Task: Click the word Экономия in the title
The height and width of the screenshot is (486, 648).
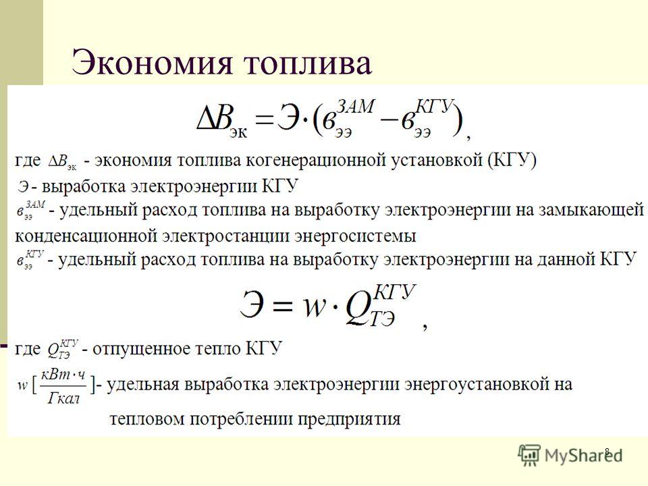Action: click(x=151, y=61)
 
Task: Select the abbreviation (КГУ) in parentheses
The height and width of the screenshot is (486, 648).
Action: click(x=512, y=159)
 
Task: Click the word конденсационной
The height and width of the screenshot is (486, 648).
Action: click(x=85, y=236)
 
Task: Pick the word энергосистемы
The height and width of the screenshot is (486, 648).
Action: click(x=355, y=236)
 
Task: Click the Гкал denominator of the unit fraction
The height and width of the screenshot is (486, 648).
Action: click(x=63, y=398)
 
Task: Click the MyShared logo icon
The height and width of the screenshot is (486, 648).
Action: click(x=529, y=455)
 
